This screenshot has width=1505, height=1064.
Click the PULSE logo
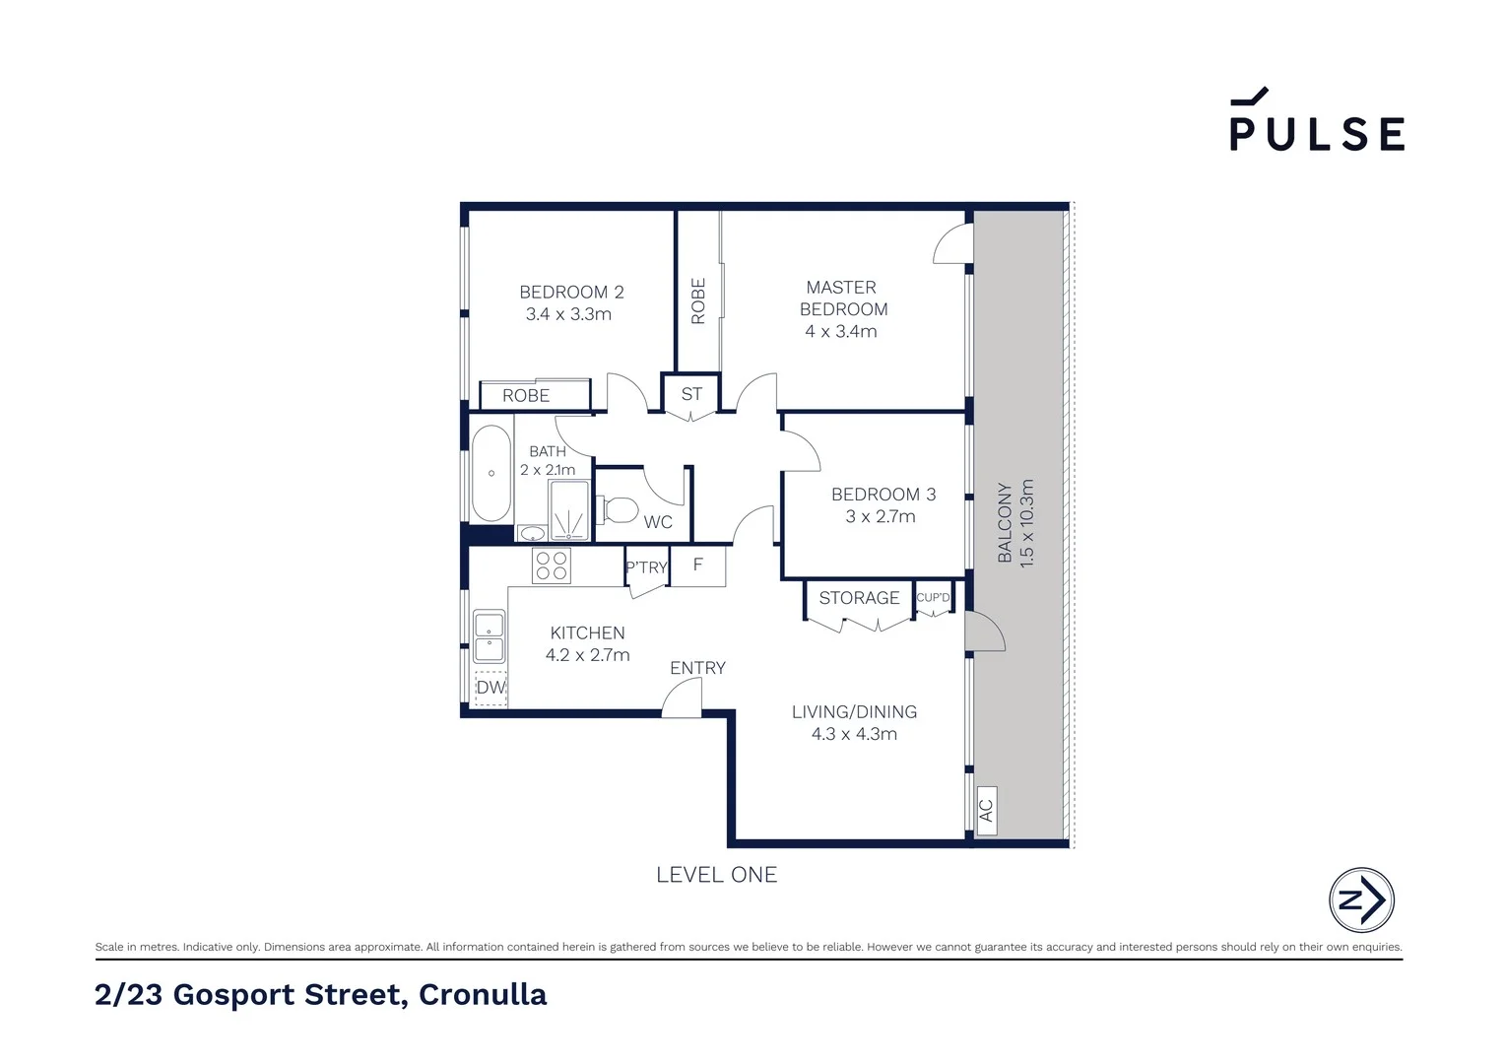coord(1317,122)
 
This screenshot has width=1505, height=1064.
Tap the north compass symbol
coord(1361,899)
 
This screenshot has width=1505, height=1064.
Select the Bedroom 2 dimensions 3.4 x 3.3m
coord(568,314)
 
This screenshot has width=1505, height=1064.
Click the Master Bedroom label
coord(842,298)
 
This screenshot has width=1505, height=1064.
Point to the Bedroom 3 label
coord(883,495)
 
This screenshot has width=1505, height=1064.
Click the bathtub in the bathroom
coord(491,474)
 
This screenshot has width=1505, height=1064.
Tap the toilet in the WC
coord(618,509)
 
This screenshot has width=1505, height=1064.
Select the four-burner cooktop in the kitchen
coord(551,566)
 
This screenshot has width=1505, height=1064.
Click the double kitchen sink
coord(490,636)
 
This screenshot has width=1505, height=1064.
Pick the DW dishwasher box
coord(491,688)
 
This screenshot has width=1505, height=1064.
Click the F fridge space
coord(698,565)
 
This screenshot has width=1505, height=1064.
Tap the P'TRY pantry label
coord(646,567)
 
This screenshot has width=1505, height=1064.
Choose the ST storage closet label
coord(691,394)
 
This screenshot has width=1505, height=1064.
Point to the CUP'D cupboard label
coord(933,598)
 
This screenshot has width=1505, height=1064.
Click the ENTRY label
coord(697,668)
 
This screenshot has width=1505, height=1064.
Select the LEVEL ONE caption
coord(716,875)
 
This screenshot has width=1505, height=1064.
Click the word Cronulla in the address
coord(483,995)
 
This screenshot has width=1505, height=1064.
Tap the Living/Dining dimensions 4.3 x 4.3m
coord(854,734)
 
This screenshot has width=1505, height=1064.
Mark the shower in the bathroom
coord(568,510)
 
